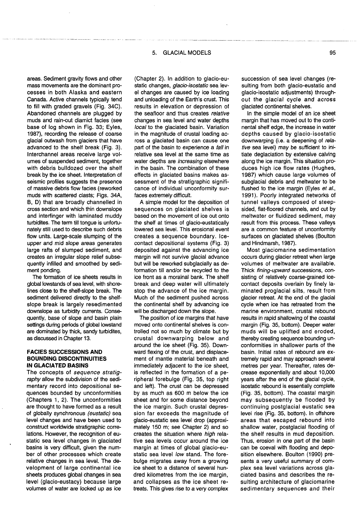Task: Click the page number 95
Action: [332, 53]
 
